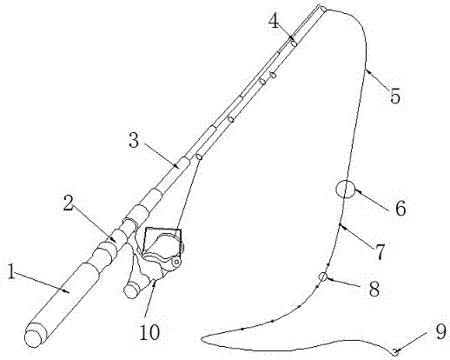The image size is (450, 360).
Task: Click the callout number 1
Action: click(x=11, y=271)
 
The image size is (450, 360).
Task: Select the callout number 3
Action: click(x=134, y=141)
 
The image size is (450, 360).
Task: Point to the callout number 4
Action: click(x=274, y=21)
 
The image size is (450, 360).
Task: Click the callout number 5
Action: click(x=395, y=97)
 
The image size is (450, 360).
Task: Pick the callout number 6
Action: click(x=400, y=208)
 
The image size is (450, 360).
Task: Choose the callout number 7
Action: click(x=380, y=252)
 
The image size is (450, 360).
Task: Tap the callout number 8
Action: click(x=374, y=289)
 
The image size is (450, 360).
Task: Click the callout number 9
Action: click(x=440, y=332)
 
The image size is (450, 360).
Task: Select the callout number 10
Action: click(x=149, y=332)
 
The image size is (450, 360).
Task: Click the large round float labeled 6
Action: click(x=345, y=189)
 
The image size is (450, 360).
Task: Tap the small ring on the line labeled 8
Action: click(x=323, y=277)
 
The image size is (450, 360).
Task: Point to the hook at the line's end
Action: click(x=394, y=352)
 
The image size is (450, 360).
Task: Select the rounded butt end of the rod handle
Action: click(x=34, y=335)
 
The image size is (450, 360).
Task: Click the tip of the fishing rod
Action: click(x=322, y=8)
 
